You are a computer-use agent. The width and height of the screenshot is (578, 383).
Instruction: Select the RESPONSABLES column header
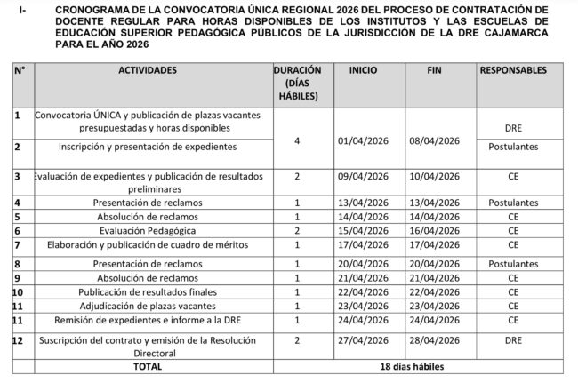513,69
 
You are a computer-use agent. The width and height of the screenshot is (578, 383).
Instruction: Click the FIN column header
435,69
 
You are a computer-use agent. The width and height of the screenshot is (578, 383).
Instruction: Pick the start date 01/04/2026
364,140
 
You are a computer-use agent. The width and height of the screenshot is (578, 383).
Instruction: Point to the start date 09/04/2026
364,177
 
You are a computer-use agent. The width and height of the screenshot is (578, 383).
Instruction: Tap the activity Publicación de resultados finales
148,291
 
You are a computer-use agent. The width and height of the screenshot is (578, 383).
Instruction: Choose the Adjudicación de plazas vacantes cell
148,306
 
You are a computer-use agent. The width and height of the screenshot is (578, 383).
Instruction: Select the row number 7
18,243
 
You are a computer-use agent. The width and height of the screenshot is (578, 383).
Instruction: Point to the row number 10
19,291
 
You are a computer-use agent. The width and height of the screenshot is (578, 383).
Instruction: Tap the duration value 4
297,140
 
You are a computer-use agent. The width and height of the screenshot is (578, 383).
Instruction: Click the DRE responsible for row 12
513,339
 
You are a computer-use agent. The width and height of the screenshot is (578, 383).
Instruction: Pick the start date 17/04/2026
364,243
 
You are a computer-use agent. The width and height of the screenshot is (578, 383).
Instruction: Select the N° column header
19,69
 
